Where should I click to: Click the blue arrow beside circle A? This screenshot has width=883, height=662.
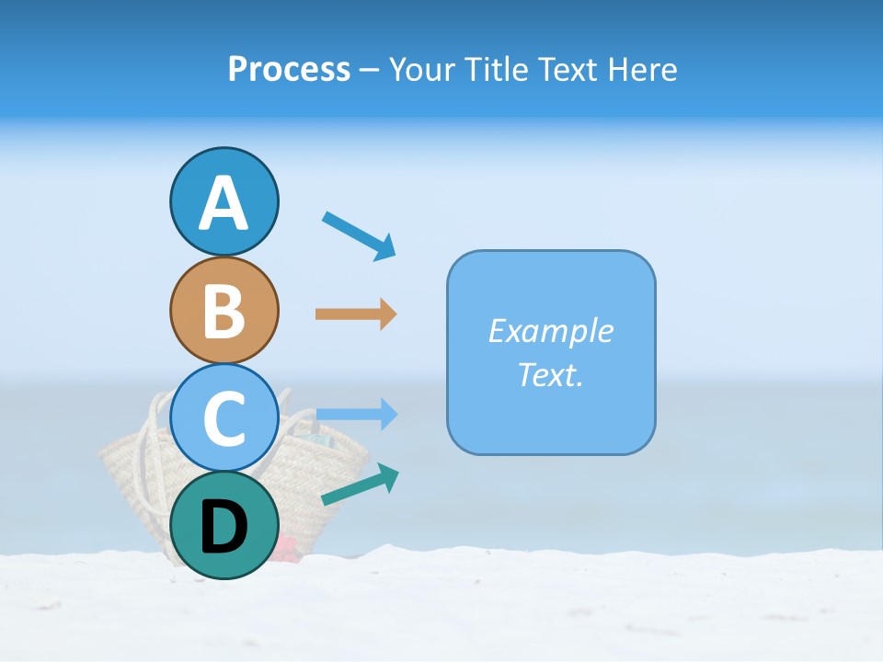click(x=360, y=234)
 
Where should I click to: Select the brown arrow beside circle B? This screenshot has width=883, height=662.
click(x=356, y=314)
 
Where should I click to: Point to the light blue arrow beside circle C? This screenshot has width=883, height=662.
click(x=357, y=415)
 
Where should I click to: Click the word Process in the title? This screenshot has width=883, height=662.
click(x=289, y=69)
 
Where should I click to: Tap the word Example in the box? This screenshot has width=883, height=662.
click(x=550, y=331)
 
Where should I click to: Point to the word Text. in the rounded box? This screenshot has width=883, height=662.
click(x=550, y=374)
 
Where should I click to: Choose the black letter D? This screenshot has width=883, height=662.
click(x=224, y=528)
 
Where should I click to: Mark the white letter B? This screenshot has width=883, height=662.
click(x=224, y=311)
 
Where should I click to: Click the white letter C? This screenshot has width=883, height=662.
click(x=224, y=418)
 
